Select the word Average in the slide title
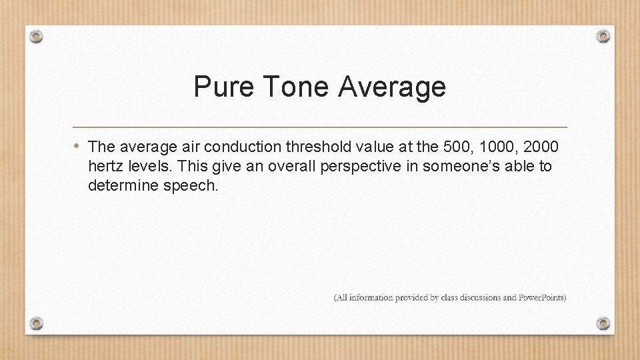coord(391,87)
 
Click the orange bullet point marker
coord(78,145)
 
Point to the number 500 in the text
coord(452,146)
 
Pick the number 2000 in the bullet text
coord(541,146)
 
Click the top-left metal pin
coord(37,36)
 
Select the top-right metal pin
coord(603,36)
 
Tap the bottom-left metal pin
coord(37,323)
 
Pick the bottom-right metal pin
coord(603,323)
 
